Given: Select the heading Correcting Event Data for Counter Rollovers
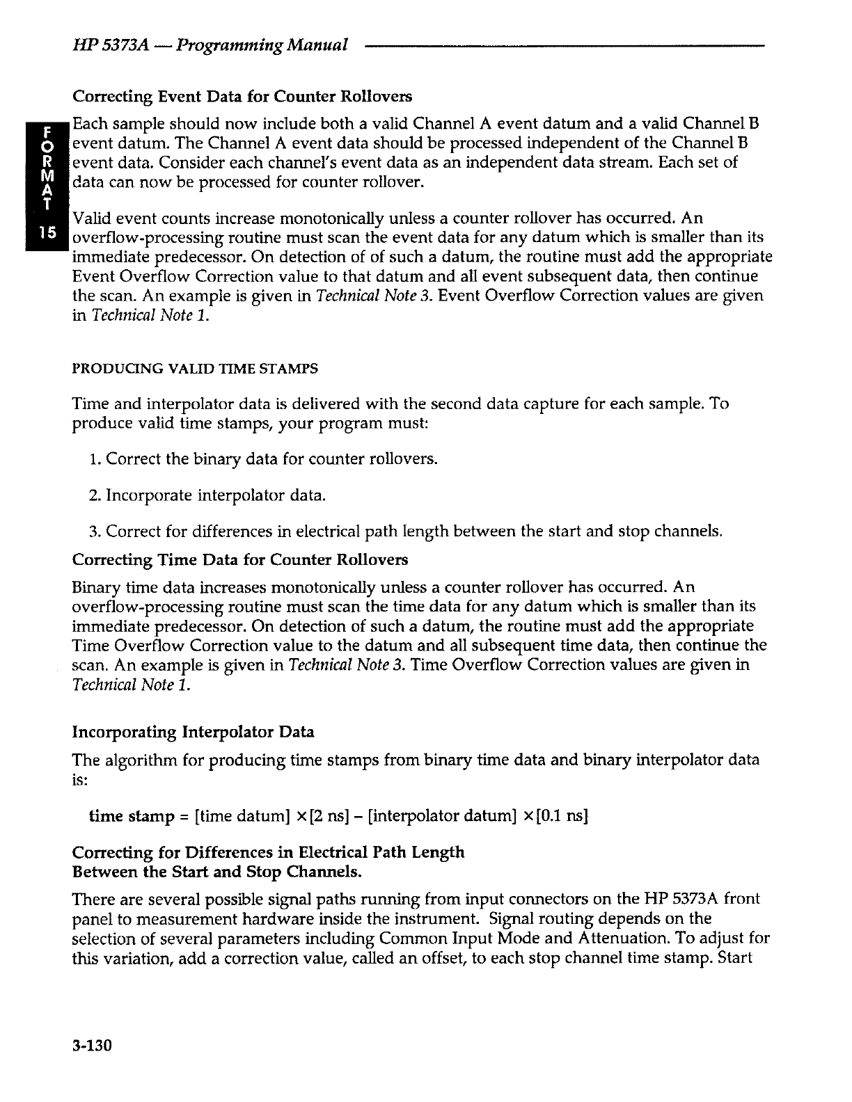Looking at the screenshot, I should click(x=242, y=95).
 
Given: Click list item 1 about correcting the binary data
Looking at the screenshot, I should click(x=264, y=459).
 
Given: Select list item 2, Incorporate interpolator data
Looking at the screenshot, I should click(x=207, y=496).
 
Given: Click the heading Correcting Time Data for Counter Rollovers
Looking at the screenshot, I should click(x=240, y=560).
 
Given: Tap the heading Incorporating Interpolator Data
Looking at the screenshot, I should click(x=193, y=732).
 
